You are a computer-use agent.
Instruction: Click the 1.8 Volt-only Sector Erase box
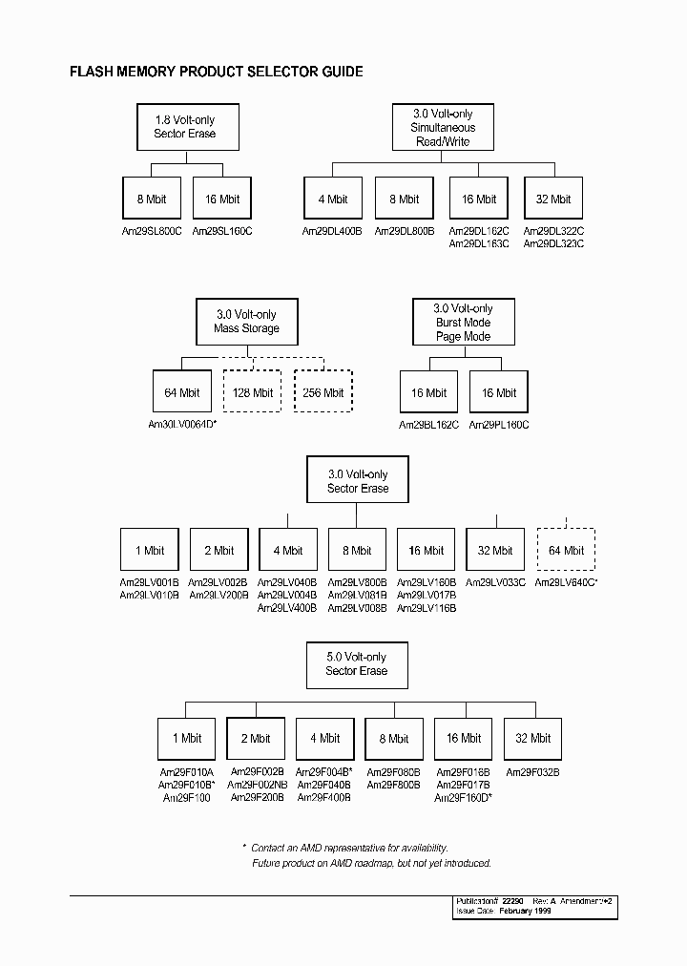pyautogui.click(x=185, y=127)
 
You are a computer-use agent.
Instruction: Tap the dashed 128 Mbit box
pyautogui.click(x=252, y=392)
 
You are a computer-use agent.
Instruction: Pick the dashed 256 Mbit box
pyautogui.click(x=323, y=392)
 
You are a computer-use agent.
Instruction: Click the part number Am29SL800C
pyautogui.click(x=152, y=231)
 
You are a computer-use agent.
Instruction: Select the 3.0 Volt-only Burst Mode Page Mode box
pyautogui.click(x=463, y=323)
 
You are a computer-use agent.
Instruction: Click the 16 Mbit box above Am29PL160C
pyautogui.click(x=499, y=392)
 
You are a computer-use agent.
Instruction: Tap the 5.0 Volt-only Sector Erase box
pyautogui.click(x=356, y=664)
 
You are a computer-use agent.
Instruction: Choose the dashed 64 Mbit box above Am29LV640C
pyautogui.click(x=566, y=550)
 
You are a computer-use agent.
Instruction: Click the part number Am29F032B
pyautogui.click(x=532, y=772)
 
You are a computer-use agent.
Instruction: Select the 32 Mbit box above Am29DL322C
pyautogui.click(x=553, y=199)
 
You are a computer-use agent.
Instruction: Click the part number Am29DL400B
pyautogui.click(x=332, y=231)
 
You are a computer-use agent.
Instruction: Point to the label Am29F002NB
pyautogui.click(x=258, y=784)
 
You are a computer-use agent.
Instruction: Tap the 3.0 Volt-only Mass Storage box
pyautogui.click(x=247, y=322)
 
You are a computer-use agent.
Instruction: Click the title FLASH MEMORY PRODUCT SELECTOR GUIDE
pyautogui.click(x=217, y=72)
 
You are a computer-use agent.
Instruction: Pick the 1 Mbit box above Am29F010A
pyautogui.click(x=187, y=738)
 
